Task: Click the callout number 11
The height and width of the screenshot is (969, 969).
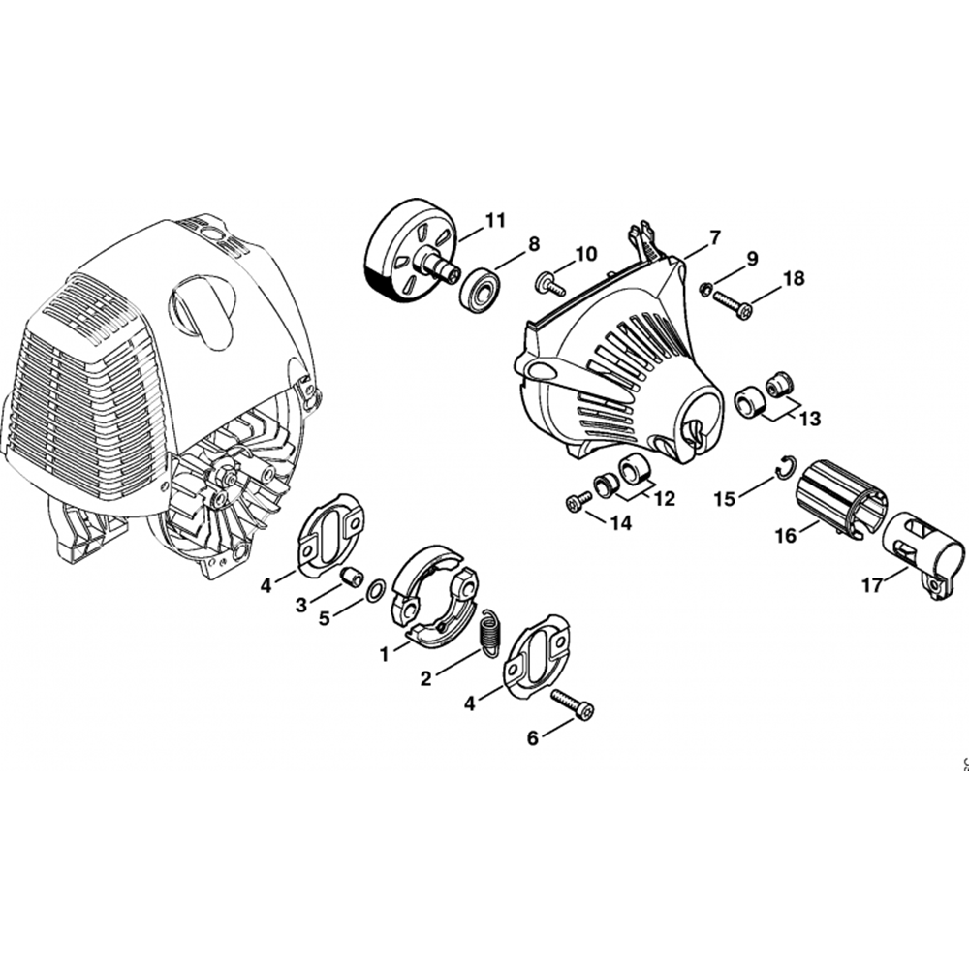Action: pos(495,220)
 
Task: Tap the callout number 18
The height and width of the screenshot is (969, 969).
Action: pos(795,279)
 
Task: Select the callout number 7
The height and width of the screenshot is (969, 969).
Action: pos(714,236)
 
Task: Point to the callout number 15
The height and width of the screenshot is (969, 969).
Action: pos(726,498)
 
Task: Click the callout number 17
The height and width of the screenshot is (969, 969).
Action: pos(873,584)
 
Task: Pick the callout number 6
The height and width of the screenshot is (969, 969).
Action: pos(533,737)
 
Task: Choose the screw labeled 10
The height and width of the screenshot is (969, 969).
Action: pos(550,284)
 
